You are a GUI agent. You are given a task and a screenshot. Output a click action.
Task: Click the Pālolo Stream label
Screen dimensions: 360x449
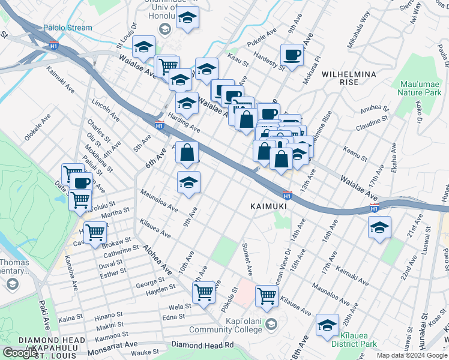[x=68, y=28]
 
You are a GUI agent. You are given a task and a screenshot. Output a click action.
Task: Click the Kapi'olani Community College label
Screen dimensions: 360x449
[x=226, y=325]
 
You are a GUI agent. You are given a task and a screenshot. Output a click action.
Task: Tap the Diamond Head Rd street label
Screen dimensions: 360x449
[x=202, y=345]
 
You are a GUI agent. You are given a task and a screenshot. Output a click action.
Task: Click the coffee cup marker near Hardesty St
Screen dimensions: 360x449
[x=292, y=55]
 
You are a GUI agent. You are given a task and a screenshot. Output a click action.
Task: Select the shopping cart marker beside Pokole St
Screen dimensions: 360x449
[x=267, y=295]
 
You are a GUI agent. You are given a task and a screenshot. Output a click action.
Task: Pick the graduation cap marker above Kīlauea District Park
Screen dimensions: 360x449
[x=327, y=325]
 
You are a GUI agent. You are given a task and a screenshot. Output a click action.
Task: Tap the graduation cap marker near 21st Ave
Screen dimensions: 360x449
[x=379, y=227]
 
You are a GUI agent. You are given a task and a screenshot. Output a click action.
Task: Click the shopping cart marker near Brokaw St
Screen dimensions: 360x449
[x=95, y=231]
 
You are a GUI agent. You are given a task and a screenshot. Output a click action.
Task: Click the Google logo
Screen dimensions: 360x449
[x=20, y=353]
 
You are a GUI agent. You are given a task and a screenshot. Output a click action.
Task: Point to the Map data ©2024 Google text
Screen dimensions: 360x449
[x=412, y=355]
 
